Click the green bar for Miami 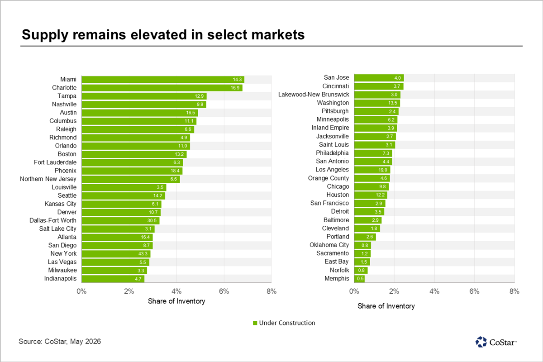tap(163, 80)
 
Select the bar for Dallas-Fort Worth tap(120, 221)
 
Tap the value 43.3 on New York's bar tap(143, 253)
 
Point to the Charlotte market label tap(64, 87)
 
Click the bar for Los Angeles tap(372, 170)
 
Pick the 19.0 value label tap(383, 170)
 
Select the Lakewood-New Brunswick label tap(314, 94)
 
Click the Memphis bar tap(359, 279)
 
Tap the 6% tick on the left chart tap(224, 291)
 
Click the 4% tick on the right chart tap(434, 291)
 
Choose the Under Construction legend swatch tap(255, 323)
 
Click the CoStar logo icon tap(481, 342)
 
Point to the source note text tap(60, 341)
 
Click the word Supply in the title tap(45, 35)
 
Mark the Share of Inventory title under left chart tap(176, 301)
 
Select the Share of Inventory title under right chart tap(386, 306)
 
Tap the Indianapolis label tap(60, 279)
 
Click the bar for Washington tap(377, 103)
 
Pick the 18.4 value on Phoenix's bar tap(175, 171)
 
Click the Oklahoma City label tap(329, 245)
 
